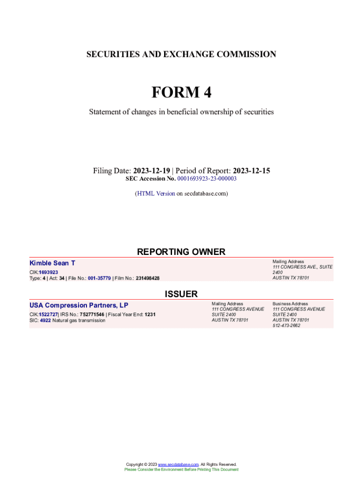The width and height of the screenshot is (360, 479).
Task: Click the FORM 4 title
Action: pyautogui.click(x=181, y=93)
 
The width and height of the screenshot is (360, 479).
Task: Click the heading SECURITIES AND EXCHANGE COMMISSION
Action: pyautogui.click(x=181, y=54)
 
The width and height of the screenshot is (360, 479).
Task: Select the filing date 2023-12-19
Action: pyautogui.click(x=152, y=171)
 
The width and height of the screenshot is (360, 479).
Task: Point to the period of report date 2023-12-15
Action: pyautogui.click(x=252, y=171)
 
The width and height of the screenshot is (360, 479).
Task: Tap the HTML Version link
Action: pyautogui.click(x=156, y=193)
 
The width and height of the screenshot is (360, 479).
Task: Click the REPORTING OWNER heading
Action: pyautogui.click(x=181, y=252)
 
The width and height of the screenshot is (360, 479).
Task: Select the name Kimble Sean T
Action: pyautogui.click(x=52, y=263)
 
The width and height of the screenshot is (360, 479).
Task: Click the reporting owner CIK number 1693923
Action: pyautogui.click(x=49, y=272)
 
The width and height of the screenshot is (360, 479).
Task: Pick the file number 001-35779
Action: pyautogui.click(x=99, y=278)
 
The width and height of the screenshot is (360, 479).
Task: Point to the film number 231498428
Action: pyautogui.click(x=147, y=278)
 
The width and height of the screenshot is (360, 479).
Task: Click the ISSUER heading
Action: pyautogui.click(x=181, y=294)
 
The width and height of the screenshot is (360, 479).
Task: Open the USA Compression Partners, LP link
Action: pyautogui.click(x=79, y=305)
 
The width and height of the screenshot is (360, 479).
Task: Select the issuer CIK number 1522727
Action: pyautogui.click(x=48, y=314)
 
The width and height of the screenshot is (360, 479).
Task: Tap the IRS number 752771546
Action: pyautogui.click(x=92, y=314)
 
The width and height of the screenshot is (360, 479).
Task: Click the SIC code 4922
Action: pyautogui.click(x=45, y=320)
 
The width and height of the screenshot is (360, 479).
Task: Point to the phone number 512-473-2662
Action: pyautogui.click(x=287, y=326)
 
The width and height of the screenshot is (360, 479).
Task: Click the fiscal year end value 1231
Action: pyautogui.click(x=150, y=314)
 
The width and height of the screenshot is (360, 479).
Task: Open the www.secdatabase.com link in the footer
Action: pyautogui.click(x=179, y=464)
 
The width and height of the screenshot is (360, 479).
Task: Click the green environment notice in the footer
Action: pyautogui.click(x=181, y=469)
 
